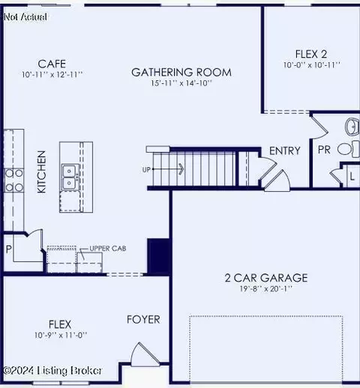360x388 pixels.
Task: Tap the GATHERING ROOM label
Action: point(181,73)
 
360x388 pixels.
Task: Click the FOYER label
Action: point(143,320)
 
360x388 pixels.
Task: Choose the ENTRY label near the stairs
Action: point(284,151)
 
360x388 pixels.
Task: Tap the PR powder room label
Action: point(324,150)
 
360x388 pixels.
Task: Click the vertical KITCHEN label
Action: point(42,172)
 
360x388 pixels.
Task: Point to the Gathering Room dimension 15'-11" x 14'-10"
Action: point(181,84)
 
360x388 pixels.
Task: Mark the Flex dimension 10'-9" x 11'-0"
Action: point(60,335)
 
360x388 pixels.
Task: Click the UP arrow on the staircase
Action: point(169,169)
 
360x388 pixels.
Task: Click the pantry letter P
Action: point(10,249)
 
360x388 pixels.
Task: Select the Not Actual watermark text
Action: point(25,16)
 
